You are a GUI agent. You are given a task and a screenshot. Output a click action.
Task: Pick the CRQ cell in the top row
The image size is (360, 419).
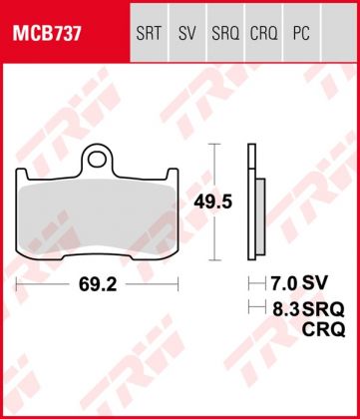262,35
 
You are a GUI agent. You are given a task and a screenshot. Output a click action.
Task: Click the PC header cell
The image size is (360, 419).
299,35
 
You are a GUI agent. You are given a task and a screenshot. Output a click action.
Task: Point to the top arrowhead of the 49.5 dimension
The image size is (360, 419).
212,148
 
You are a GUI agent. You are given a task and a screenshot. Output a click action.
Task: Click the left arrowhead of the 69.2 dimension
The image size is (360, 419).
19,284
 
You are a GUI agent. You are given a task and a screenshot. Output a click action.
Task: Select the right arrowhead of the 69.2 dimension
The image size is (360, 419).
179,284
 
